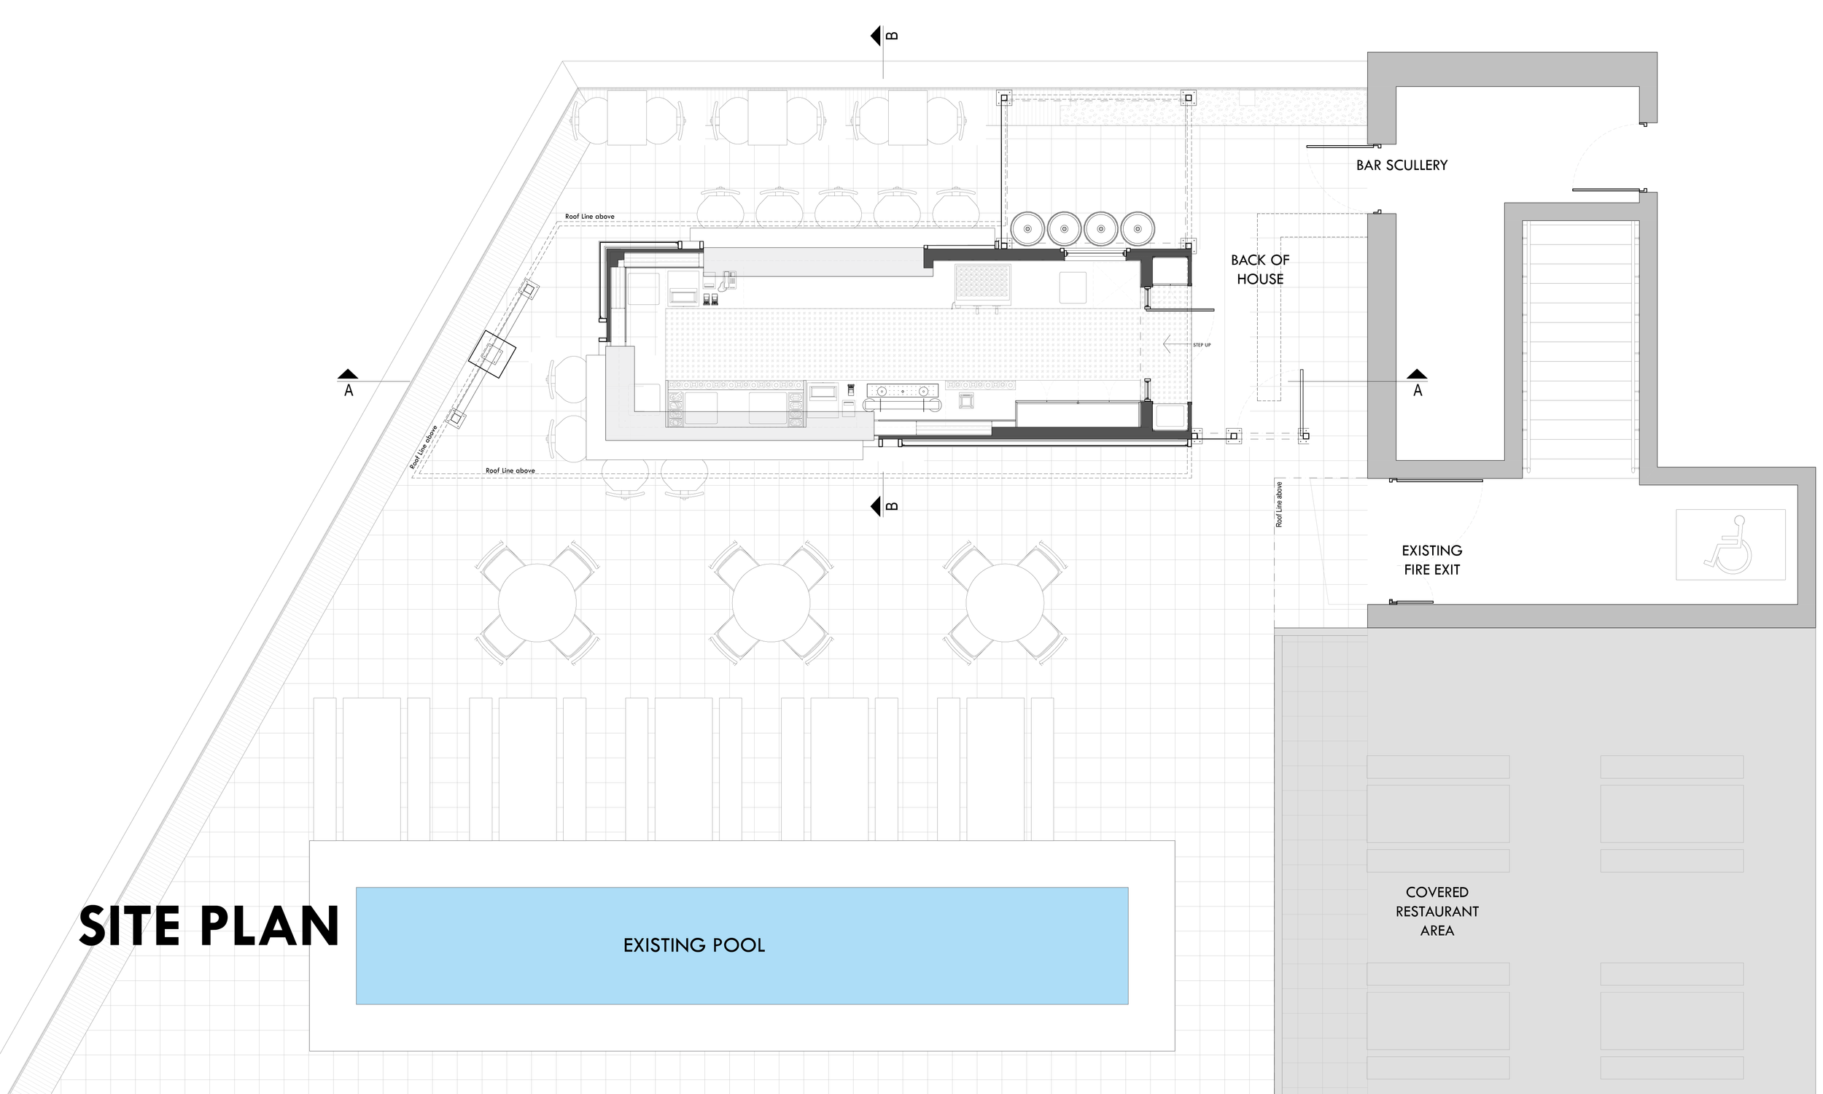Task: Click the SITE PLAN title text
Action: point(209,926)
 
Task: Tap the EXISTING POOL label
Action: point(693,945)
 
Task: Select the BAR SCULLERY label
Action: point(1402,165)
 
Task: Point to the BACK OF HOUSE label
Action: point(1260,269)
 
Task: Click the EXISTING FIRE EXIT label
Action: point(1431,559)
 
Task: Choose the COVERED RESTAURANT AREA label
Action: point(1437,911)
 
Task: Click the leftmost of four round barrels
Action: point(1028,228)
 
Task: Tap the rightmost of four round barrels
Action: point(1138,228)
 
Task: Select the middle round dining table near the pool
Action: point(771,603)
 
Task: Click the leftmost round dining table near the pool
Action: point(537,603)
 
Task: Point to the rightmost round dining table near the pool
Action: point(1004,603)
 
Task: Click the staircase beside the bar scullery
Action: point(1581,346)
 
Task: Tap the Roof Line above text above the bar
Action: point(589,217)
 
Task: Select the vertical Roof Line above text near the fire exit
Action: point(1279,504)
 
